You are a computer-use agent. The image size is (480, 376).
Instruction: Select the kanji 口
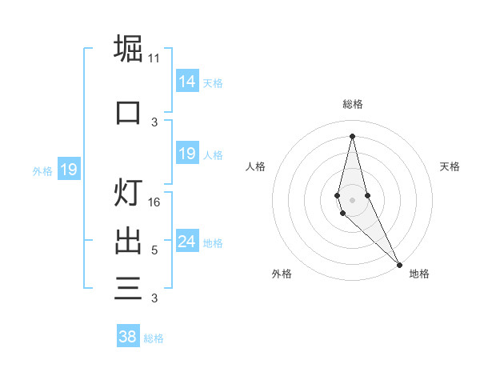click(x=128, y=112)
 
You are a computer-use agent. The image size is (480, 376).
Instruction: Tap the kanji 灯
click(x=128, y=193)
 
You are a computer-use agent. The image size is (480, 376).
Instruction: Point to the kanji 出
click(x=128, y=240)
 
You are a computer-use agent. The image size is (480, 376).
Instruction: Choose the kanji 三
click(x=128, y=288)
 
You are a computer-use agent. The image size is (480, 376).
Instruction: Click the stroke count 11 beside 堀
click(x=154, y=58)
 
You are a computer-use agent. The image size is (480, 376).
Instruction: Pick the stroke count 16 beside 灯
click(x=154, y=202)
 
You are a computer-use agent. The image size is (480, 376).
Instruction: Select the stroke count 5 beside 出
click(x=154, y=250)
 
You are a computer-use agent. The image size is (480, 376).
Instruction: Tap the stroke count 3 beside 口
click(x=154, y=122)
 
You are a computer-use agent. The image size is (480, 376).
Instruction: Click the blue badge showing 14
click(x=186, y=82)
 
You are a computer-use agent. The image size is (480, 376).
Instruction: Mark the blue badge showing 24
click(x=186, y=242)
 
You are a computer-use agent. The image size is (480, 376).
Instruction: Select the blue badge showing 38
click(x=127, y=337)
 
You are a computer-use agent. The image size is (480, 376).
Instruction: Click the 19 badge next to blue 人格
click(x=186, y=154)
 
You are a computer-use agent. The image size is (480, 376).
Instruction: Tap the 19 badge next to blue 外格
click(x=68, y=170)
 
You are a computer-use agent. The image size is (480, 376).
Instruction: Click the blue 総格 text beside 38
click(x=154, y=338)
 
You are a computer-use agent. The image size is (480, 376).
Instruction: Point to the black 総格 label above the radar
click(x=353, y=104)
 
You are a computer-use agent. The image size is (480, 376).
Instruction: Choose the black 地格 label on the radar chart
click(x=419, y=274)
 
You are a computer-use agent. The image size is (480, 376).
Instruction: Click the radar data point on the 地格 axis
click(x=399, y=264)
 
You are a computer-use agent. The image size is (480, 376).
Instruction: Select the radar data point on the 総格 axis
click(x=352, y=136)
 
